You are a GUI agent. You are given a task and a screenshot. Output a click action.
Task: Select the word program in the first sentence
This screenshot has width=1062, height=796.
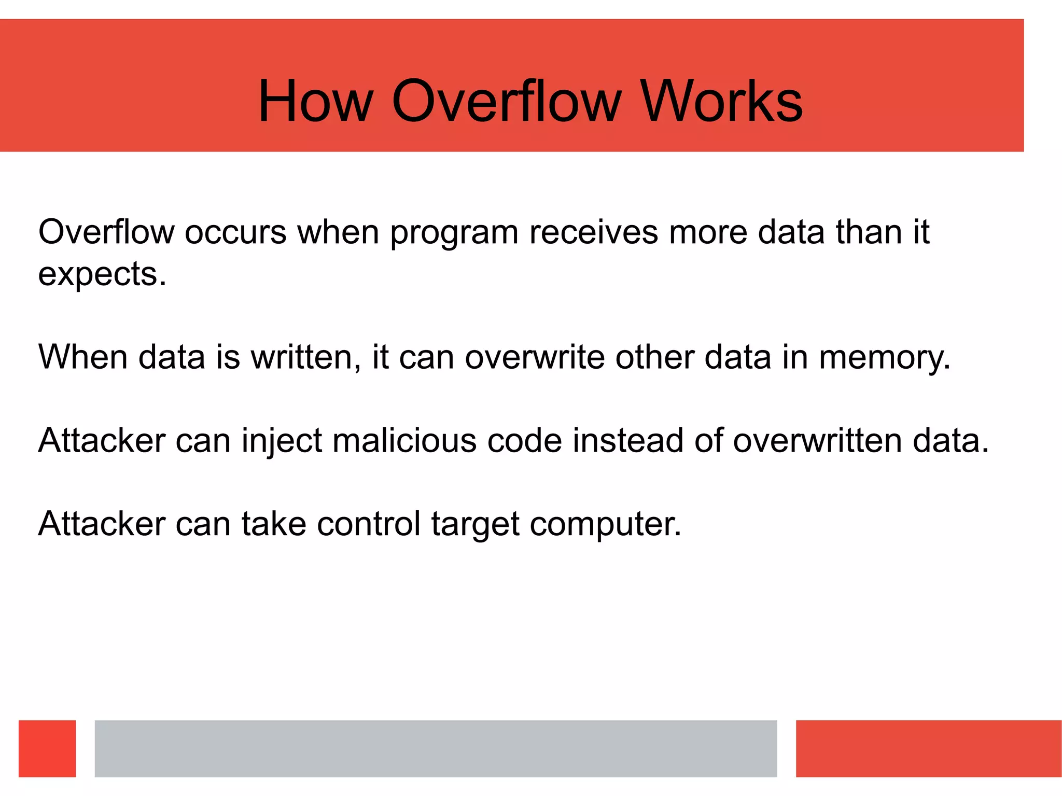point(454,233)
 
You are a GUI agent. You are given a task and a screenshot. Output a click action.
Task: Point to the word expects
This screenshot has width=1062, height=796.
point(102,275)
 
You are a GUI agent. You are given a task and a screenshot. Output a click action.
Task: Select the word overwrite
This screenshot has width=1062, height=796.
point(535,357)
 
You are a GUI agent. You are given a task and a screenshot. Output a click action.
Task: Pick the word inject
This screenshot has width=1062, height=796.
point(282,441)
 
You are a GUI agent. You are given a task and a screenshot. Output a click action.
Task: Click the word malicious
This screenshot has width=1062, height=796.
point(404,441)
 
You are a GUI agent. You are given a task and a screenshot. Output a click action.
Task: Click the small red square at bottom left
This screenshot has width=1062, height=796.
point(47,748)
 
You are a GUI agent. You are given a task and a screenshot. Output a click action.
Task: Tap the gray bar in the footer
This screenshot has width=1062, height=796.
point(436,748)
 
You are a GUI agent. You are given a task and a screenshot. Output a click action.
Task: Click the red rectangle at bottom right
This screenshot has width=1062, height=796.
point(928,748)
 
